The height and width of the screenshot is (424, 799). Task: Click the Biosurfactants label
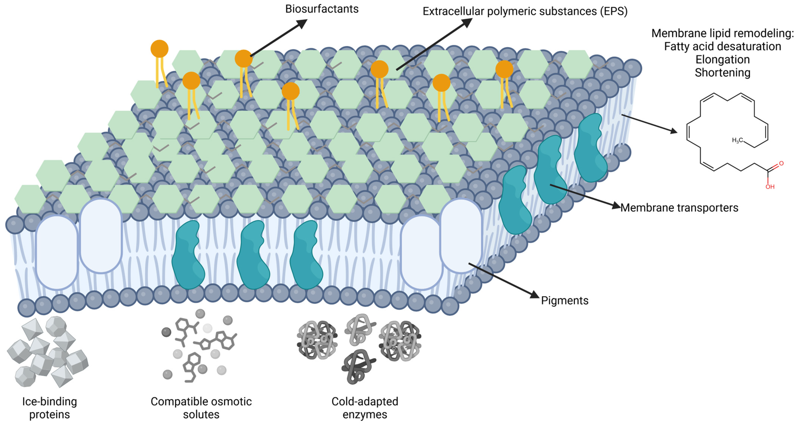(x=322, y=9)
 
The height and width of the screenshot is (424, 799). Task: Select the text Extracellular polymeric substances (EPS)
(x=525, y=11)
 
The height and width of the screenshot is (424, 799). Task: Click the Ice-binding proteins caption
(x=50, y=408)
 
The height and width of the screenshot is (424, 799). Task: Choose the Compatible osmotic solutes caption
(x=201, y=408)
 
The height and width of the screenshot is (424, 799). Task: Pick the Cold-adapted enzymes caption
(x=365, y=408)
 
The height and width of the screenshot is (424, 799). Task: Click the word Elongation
(x=722, y=60)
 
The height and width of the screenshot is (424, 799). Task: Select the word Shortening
(x=722, y=72)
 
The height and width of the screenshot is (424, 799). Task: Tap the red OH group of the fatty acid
(x=770, y=187)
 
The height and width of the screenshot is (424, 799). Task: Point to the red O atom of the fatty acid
(x=781, y=163)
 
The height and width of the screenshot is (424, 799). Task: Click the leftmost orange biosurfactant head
(x=159, y=49)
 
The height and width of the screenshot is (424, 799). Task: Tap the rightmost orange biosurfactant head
(x=504, y=69)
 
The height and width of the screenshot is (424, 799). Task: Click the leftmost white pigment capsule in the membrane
(x=57, y=252)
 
